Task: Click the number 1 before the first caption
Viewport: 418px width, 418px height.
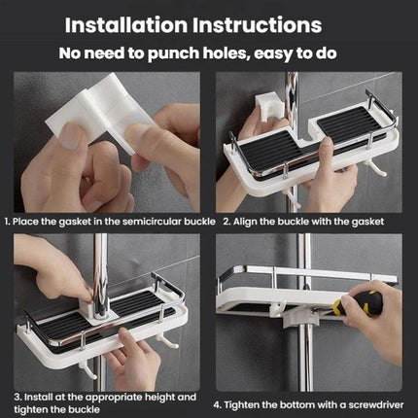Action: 7,221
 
